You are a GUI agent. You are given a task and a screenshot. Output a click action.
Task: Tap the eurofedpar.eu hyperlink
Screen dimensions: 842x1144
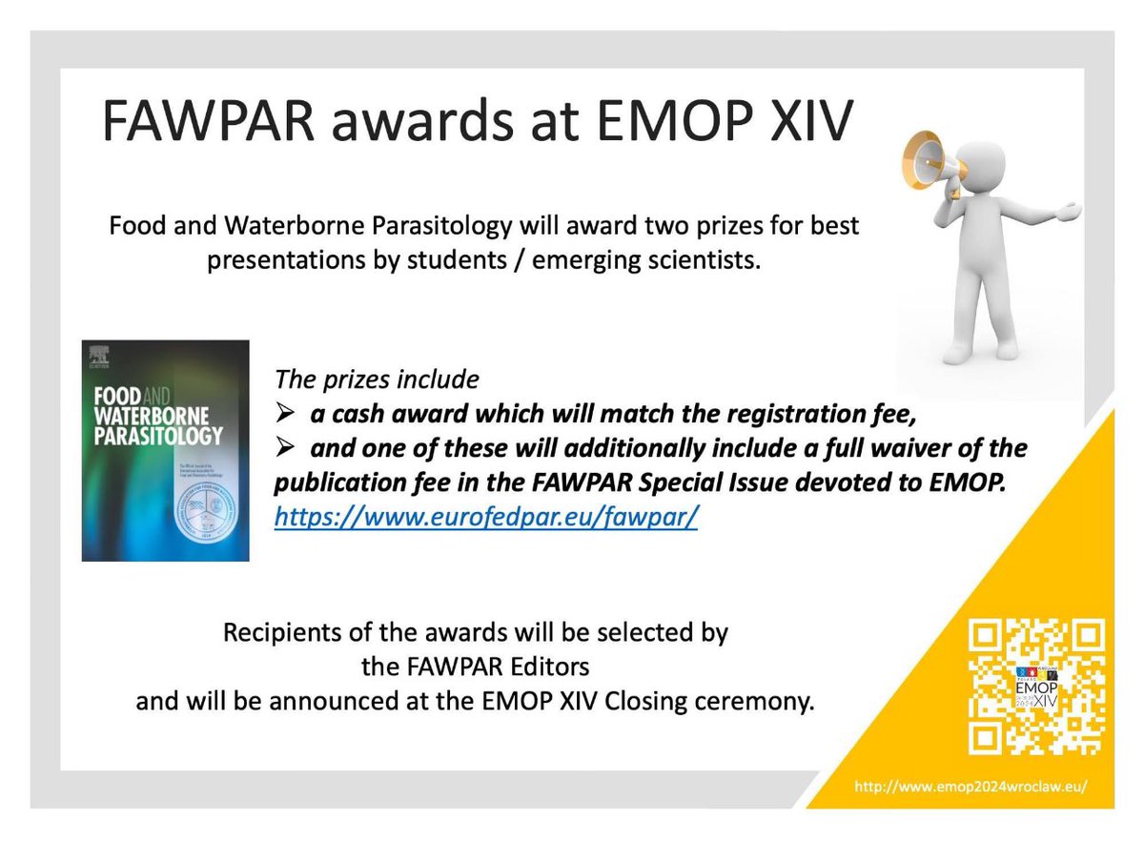(x=487, y=518)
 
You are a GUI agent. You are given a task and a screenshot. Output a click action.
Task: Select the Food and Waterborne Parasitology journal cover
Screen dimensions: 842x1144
(x=165, y=450)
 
